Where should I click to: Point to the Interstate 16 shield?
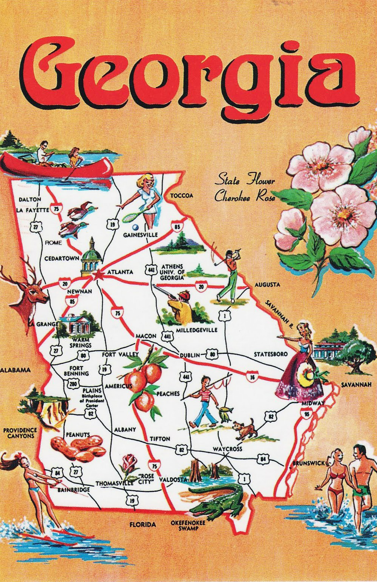pos(252,376)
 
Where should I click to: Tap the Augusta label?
pos(267,285)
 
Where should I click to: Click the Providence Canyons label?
pos(20,433)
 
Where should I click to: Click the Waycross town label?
pos(227,449)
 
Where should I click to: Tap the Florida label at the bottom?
pos(143,524)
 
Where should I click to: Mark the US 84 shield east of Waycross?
pos(263,459)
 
